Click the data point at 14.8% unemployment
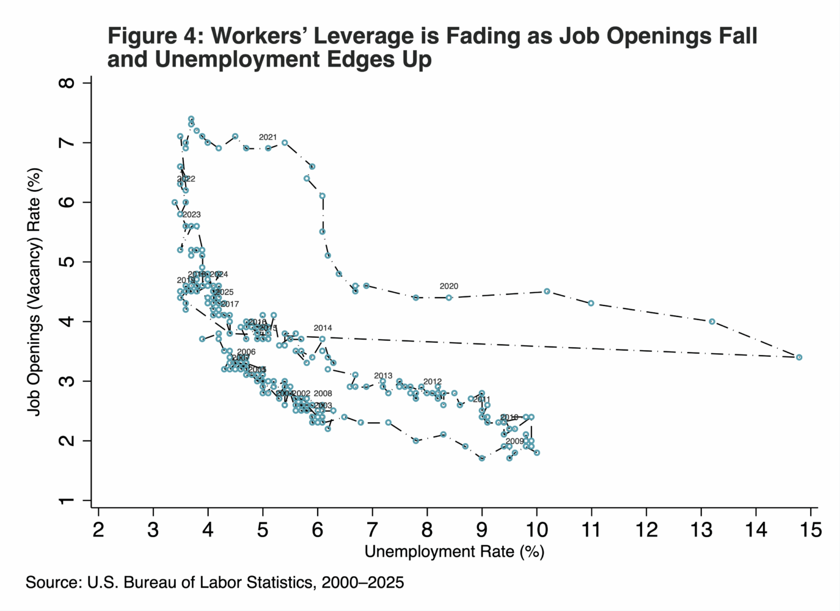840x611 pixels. [x=799, y=357]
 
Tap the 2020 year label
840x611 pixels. [x=448, y=286]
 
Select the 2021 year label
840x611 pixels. [x=268, y=137]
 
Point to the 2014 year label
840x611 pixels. [x=323, y=328]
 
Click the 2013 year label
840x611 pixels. [x=383, y=376]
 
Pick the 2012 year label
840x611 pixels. [x=433, y=382]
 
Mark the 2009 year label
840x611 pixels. [x=514, y=441]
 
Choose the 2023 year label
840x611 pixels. [x=192, y=214]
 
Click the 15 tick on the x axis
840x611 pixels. [x=811, y=529]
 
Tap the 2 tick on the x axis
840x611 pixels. [x=98, y=529]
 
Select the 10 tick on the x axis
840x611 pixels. [x=536, y=529]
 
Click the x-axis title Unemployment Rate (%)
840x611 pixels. [x=454, y=552]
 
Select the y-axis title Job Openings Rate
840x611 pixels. [x=35, y=291]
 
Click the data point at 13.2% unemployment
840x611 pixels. [x=712, y=321]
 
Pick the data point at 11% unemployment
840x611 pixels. [x=591, y=303]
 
